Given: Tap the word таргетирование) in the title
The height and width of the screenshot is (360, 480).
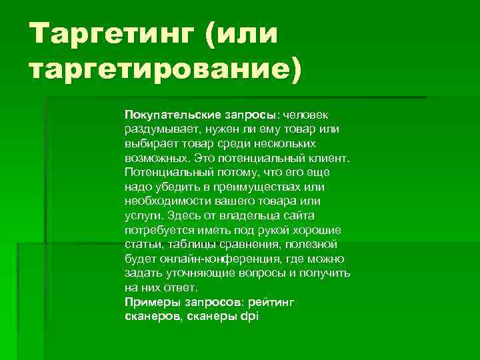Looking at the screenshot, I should [164, 69].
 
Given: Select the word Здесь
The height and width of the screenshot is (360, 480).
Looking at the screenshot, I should [182, 215].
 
